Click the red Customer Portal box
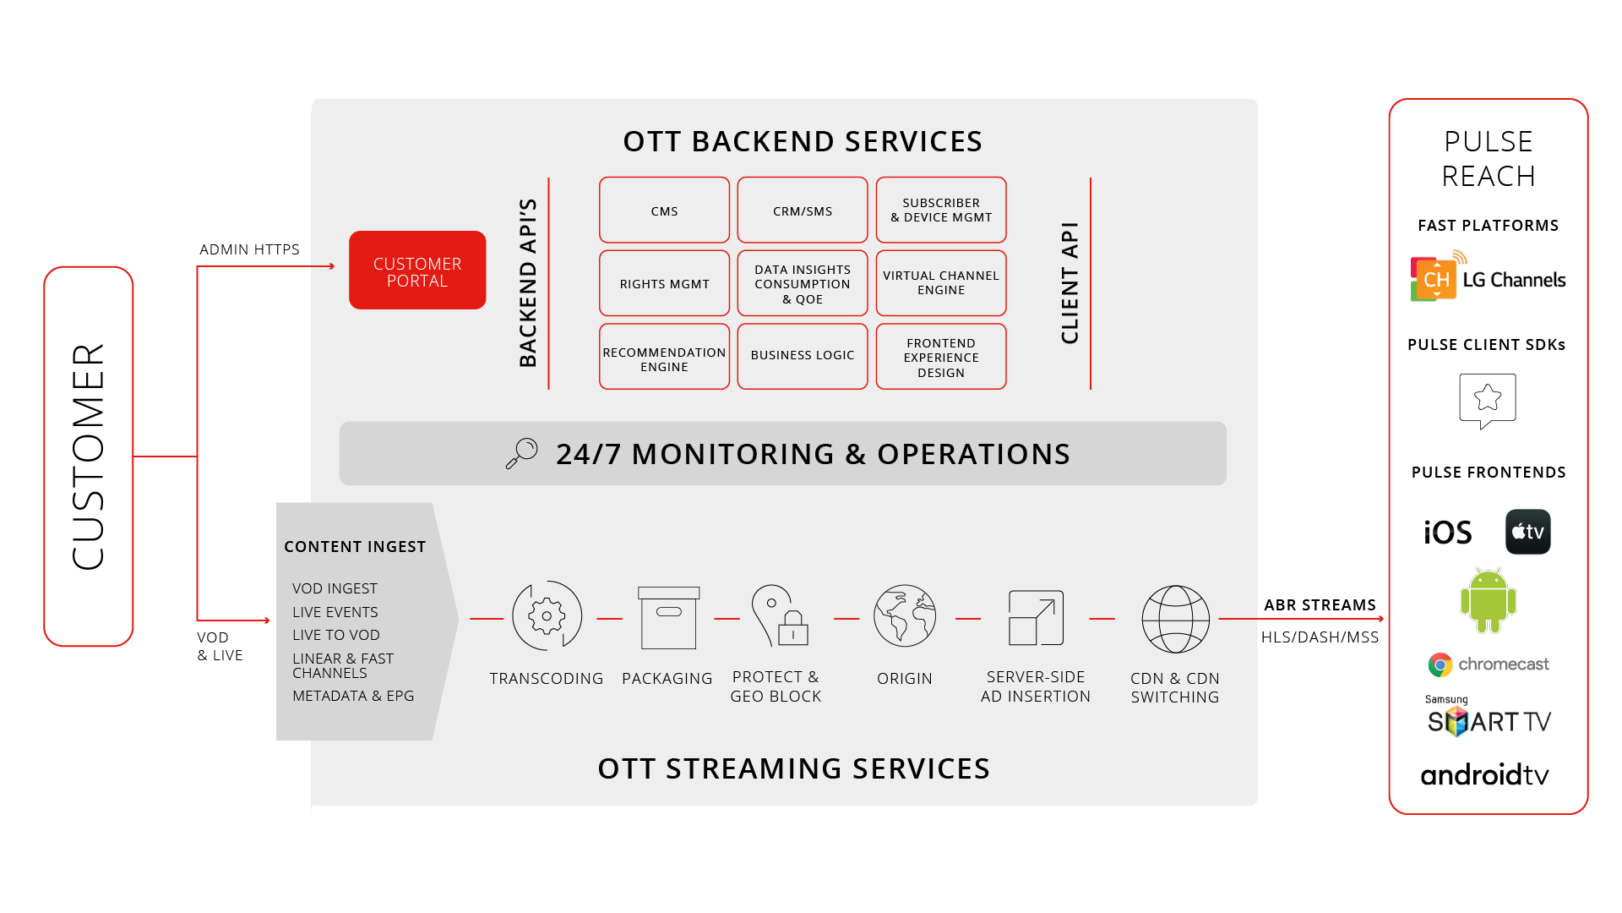coord(417,271)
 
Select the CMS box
coord(664,210)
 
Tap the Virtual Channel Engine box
coord(941,283)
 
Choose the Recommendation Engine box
coord(664,357)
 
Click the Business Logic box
coord(803,357)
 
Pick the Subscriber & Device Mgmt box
coord(941,210)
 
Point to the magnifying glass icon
coord(521,453)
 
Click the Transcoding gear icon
coord(547,616)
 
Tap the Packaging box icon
coord(668,618)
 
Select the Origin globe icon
coord(905,615)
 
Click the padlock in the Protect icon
coord(793,627)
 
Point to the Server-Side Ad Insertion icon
coord(1036,617)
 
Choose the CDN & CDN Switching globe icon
coord(1175,619)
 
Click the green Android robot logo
coord(1488,600)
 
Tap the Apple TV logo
coord(1527,532)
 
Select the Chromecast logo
coord(1489,664)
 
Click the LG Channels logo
coord(1488,276)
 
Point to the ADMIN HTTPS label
coord(249,249)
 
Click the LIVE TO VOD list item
coord(336,635)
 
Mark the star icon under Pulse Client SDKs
coord(1488,397)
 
